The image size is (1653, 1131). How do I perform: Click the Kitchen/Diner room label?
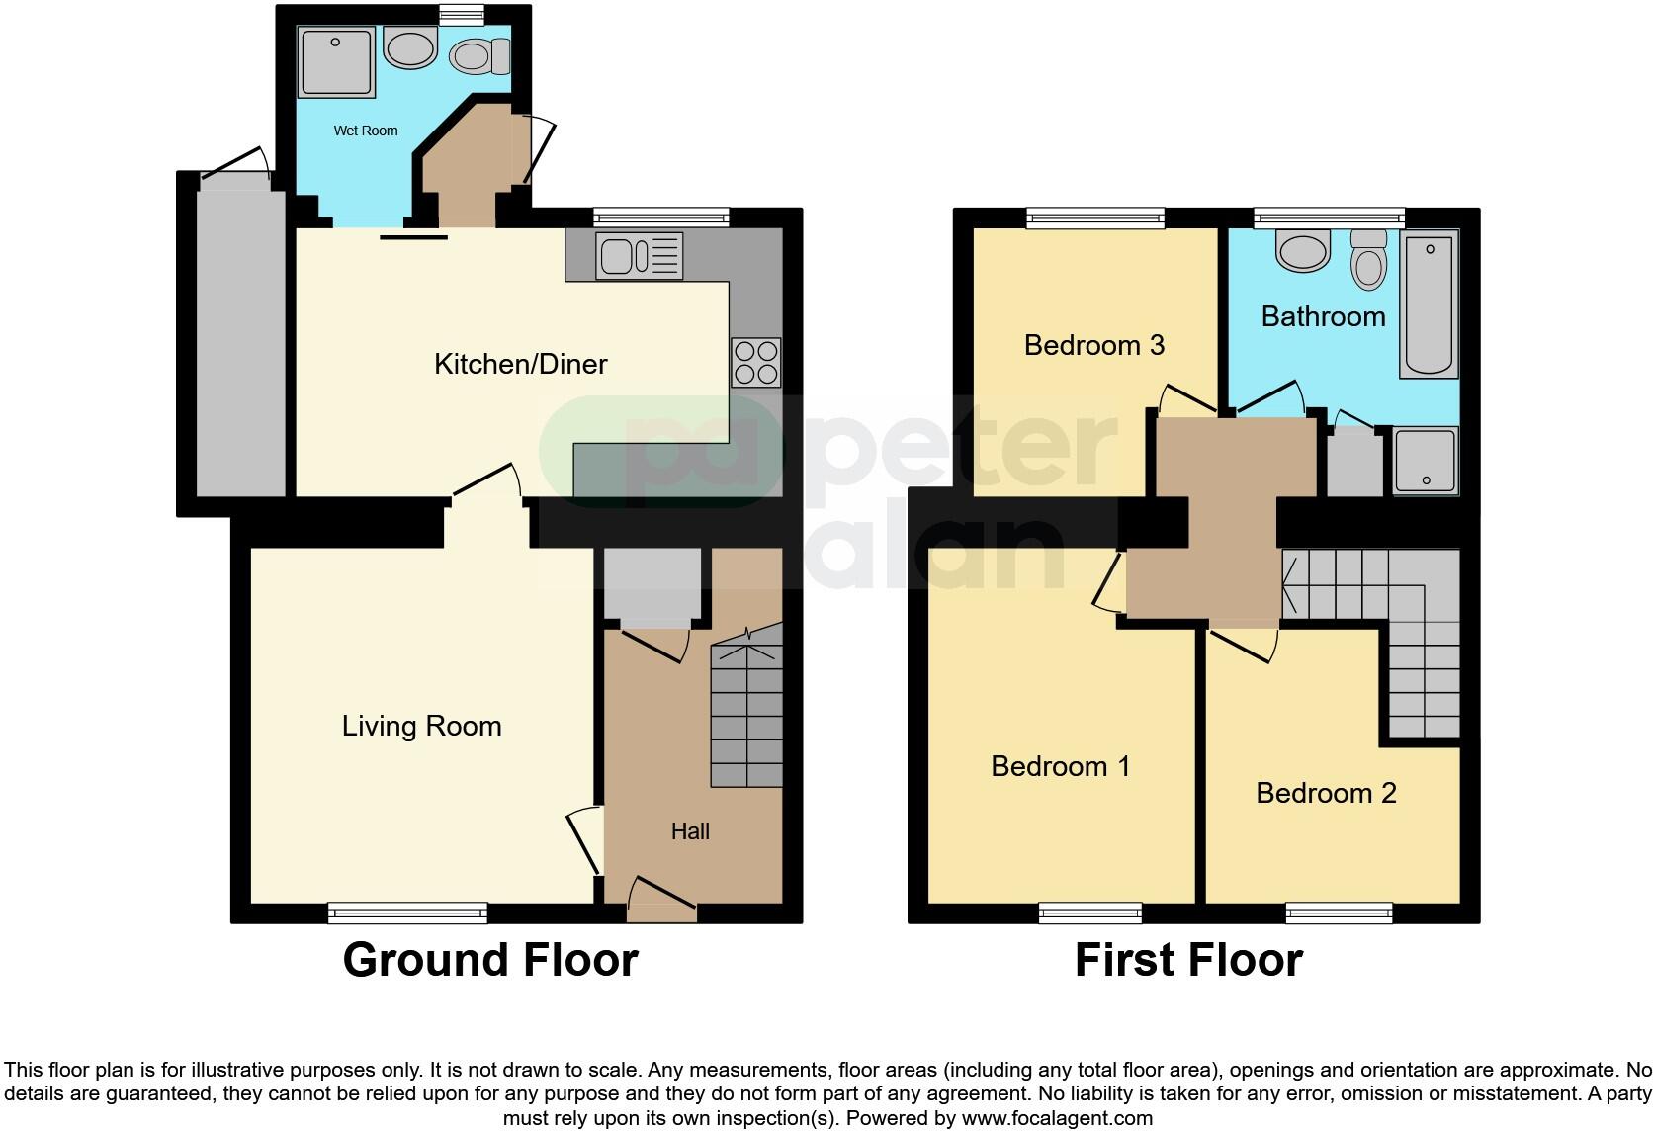(520, 364)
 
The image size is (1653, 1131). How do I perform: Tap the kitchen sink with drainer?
(639, 255)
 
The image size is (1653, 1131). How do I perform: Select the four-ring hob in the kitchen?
(755, 362)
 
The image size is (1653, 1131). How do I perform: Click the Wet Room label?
(365, 130)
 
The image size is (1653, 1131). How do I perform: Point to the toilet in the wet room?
(480, 56)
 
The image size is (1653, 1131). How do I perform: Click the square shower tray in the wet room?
(336, 62)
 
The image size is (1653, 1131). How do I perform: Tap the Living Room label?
(421, 727)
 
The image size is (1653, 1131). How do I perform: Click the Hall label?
(690, 831)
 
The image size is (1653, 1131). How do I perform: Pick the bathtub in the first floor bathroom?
(1429, 304)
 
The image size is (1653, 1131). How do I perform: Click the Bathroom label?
(1323, 316)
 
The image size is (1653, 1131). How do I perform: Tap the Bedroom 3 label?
(1093, 345)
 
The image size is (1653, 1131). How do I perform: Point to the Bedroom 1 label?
(1060, 766)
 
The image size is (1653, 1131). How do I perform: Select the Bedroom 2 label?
(1325, 793)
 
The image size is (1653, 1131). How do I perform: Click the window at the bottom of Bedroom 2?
(1339, 913)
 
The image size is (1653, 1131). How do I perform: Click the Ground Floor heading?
(490, 960)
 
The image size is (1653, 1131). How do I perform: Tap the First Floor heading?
(1188, 960)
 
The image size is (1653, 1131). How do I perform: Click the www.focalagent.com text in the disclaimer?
(1057, 1119)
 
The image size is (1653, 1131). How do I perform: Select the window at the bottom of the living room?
(407, 913)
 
